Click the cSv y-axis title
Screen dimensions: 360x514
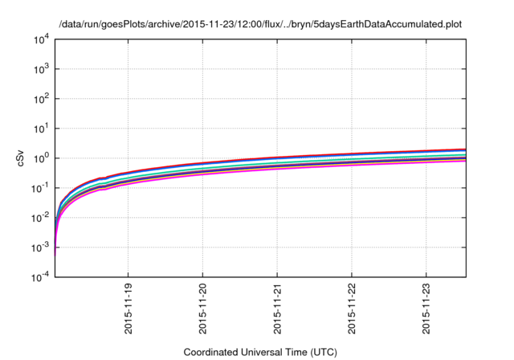click(21, 158)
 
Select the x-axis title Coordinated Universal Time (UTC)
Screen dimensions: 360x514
click(260, 352)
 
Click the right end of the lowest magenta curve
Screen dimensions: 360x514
click(464, 161)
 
